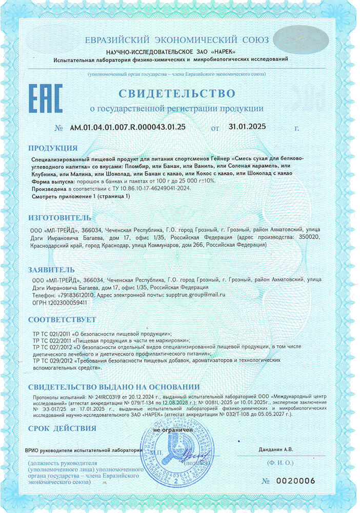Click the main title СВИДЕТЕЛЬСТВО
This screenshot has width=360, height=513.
pos(177,94)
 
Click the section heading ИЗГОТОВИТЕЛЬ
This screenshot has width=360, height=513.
pos(59,218)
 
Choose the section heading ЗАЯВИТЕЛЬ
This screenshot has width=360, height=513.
pos(51,269)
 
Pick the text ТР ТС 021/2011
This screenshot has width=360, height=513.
pos(52,333)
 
